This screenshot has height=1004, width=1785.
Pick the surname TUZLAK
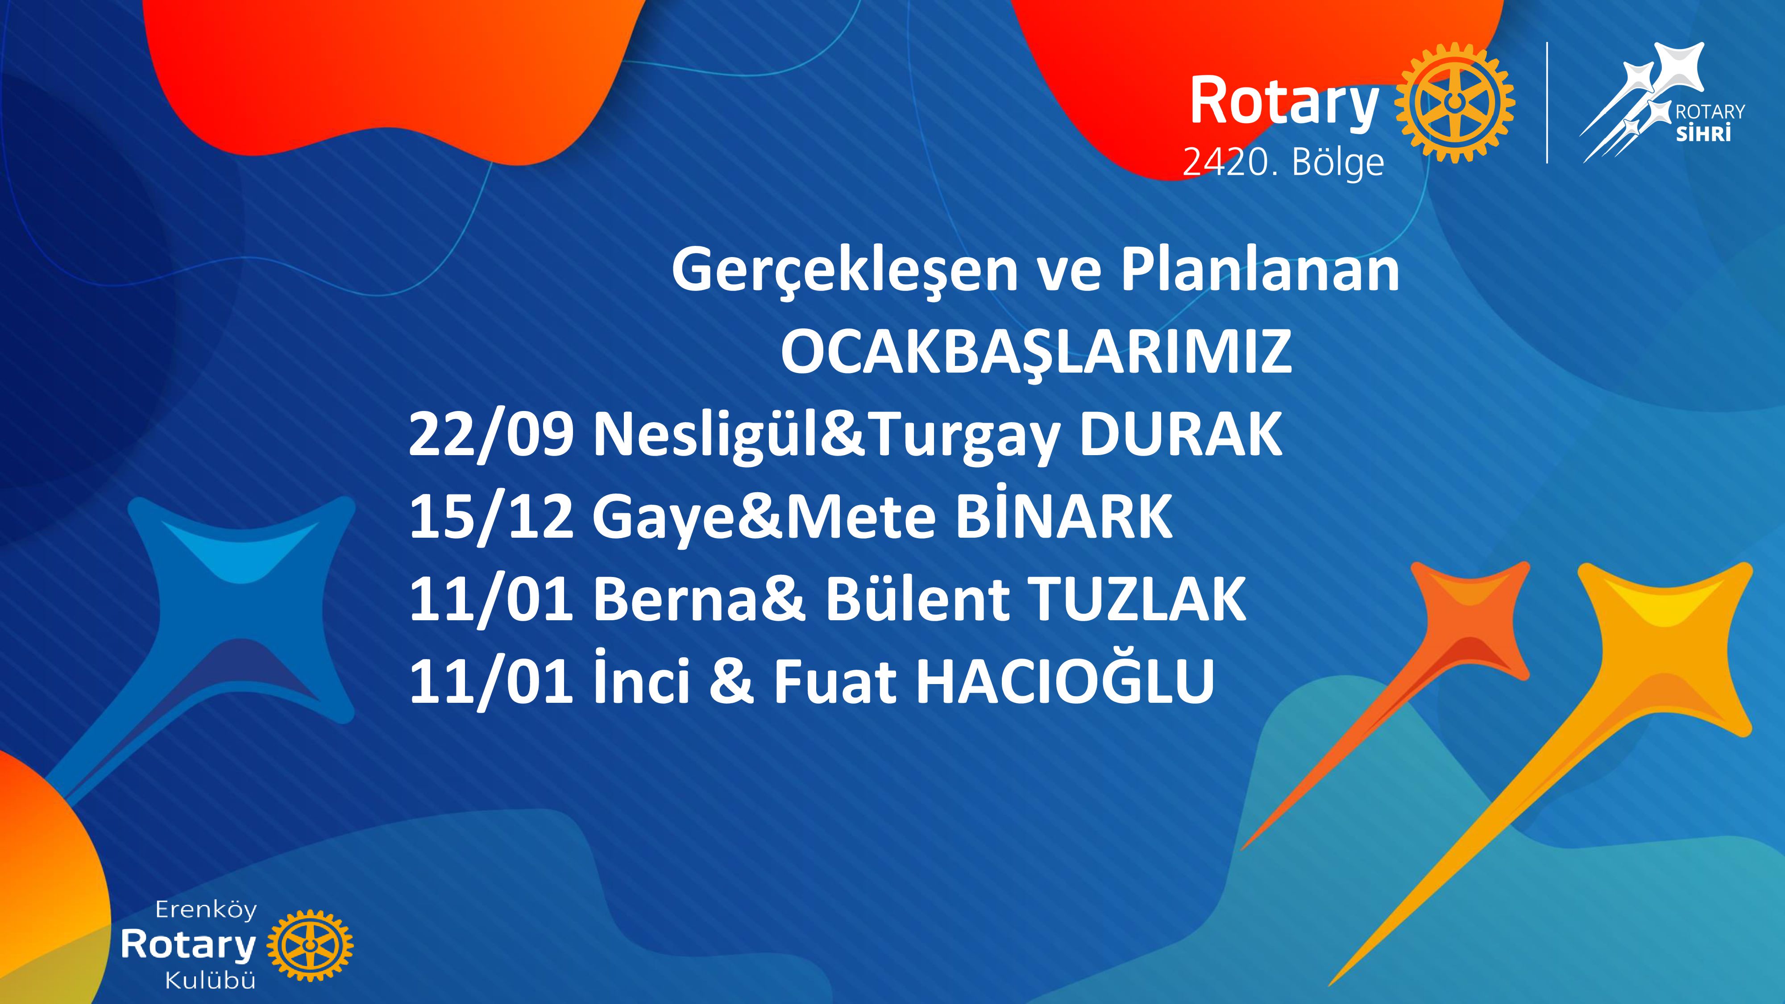coord(1138,599)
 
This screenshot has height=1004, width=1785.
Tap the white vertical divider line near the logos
coord(1547,103)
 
